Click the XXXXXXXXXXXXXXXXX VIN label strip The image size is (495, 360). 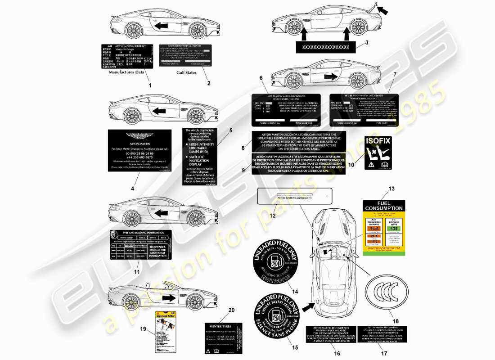click(325, 47)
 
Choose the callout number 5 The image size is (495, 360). click(231, 130)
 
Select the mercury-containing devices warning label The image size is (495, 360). click(199, 156)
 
